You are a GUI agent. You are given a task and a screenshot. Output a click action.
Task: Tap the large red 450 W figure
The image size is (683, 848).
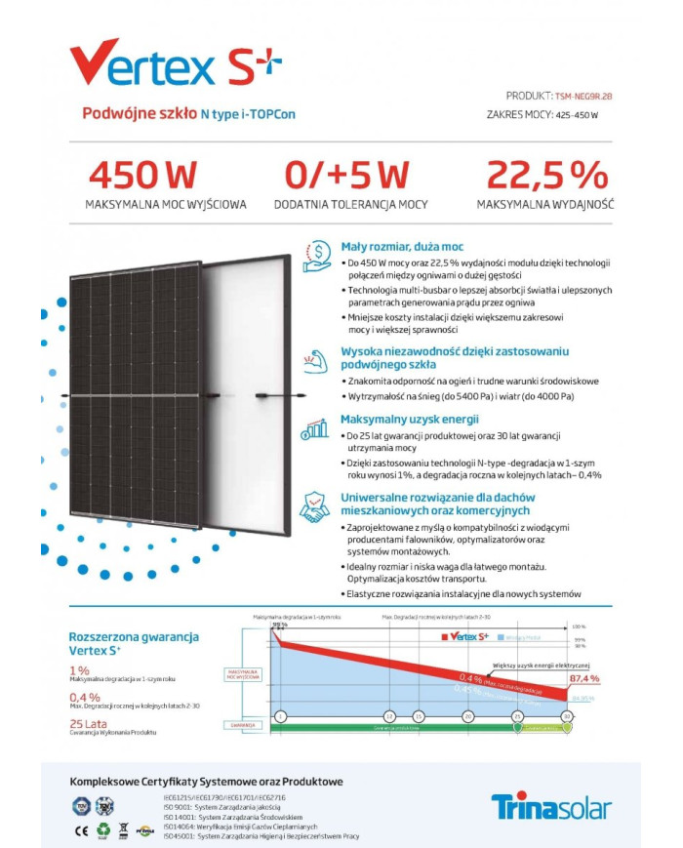tap(142, 175)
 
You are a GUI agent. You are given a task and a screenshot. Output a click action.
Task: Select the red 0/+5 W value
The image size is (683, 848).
tap(346, 175)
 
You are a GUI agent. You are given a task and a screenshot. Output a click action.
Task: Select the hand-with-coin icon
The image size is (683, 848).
tap(317, 256)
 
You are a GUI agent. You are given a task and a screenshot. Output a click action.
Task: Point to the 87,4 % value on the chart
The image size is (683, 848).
tap(583, 678)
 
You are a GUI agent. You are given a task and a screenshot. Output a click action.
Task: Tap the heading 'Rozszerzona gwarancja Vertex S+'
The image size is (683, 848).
tap(134, 643)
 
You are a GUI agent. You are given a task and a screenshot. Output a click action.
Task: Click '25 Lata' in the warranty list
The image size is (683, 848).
tap(89, 723)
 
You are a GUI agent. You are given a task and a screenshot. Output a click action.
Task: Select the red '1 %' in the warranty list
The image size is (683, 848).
tap(79, 670)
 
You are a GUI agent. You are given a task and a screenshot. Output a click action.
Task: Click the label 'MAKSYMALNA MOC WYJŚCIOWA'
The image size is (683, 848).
tap(166, 205)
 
